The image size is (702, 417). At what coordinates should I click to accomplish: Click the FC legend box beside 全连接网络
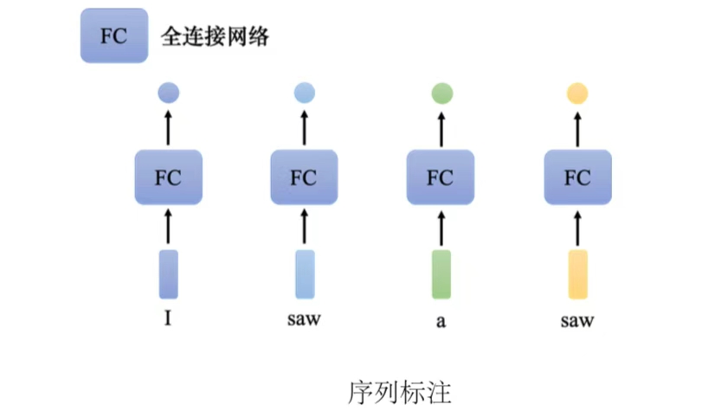pos(113,36)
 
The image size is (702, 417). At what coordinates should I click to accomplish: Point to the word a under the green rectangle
pos(441,322)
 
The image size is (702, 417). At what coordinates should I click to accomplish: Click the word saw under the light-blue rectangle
pos(304,319)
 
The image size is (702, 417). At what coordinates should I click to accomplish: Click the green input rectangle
pos(441,274)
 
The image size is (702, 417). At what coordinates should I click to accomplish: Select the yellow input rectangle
pos(577,274)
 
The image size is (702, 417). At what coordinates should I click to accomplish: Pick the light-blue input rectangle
pos(304,274)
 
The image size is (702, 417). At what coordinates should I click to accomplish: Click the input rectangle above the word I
pos(169,274)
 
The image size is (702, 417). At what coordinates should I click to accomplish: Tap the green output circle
pos(441,93)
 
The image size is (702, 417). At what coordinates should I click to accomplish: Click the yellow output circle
pos(577,93)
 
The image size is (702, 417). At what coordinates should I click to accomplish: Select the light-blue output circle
pos(304,93)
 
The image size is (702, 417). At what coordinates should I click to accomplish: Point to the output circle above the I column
pos(169,93)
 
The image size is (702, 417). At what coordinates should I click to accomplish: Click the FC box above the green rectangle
pos(441,177)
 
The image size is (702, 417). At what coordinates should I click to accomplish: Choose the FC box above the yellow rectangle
pos(577,177)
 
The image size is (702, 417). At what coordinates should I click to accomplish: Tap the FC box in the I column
pos(169,177)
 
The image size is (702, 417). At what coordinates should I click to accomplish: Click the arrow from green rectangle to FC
pos(441,227)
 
